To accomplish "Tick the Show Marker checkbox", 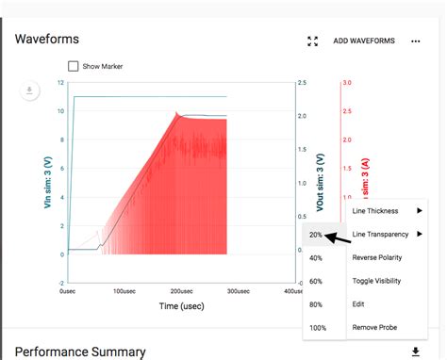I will [74, 66].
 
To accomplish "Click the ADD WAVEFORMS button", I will [364, 41].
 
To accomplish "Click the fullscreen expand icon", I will [313, 41].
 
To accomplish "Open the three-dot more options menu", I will [416, 41].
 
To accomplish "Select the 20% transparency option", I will [316, 235].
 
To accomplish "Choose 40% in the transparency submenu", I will [316, 257].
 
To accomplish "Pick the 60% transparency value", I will [316, 281].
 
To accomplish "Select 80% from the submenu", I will [316, 304].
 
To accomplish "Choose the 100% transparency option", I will [317, 327].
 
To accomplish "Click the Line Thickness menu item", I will [375, 211].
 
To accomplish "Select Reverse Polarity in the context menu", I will [380, 257].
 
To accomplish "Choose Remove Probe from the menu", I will [376, 327].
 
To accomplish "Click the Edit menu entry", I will [358, 303].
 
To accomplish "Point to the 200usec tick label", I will [181, 291].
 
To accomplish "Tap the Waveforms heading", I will [47, 40].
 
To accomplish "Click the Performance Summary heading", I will [80, 352].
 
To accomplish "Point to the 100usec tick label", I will [124, 291].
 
